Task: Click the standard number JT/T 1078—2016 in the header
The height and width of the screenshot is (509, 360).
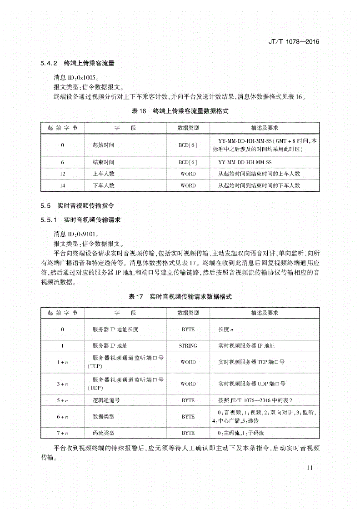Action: (292, 41)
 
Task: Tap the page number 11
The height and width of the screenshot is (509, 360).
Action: (310, 468)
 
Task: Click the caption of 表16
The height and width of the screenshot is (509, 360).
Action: (180, 110)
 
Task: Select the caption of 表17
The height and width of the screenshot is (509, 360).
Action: (180, 296)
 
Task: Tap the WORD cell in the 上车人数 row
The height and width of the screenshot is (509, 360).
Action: (188, 174)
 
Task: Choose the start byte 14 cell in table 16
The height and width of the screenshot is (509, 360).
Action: (63, 185)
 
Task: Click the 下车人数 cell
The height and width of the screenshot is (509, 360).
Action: (103, 185)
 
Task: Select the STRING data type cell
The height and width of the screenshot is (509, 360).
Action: (188, 346)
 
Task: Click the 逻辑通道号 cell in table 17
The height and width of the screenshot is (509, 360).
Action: (106, 400)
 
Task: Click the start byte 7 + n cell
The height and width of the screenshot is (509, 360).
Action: (63, 433)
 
